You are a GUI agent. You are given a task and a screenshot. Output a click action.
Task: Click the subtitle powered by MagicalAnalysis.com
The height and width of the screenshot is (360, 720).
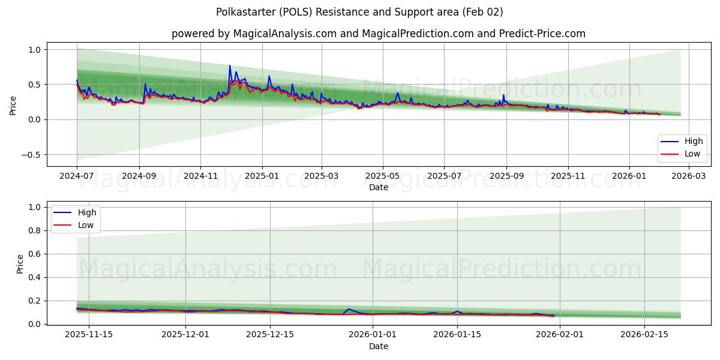coord(378,34)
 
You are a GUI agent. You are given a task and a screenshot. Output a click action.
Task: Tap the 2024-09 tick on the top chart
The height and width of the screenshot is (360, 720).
coord(139,176)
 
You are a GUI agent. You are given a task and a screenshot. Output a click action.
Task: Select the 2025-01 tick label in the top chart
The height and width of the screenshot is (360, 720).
coord(262,176)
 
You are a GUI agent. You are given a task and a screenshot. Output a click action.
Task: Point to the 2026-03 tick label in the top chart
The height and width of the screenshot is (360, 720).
coord(689,176)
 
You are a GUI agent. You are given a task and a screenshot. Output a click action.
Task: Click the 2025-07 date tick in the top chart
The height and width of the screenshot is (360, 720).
coord(444,176)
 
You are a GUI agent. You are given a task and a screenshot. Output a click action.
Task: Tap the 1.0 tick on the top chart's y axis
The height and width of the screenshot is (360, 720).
coord(34,50)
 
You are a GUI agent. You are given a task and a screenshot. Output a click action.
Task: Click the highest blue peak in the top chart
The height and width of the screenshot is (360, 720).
coord(229,66)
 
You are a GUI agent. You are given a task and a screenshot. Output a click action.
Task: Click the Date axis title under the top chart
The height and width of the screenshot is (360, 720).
coord(378,187)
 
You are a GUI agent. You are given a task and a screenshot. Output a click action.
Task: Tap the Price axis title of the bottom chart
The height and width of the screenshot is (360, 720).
coord(20,264)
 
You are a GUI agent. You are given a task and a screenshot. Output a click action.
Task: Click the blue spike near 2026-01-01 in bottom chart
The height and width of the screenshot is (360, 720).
coord(349,309)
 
